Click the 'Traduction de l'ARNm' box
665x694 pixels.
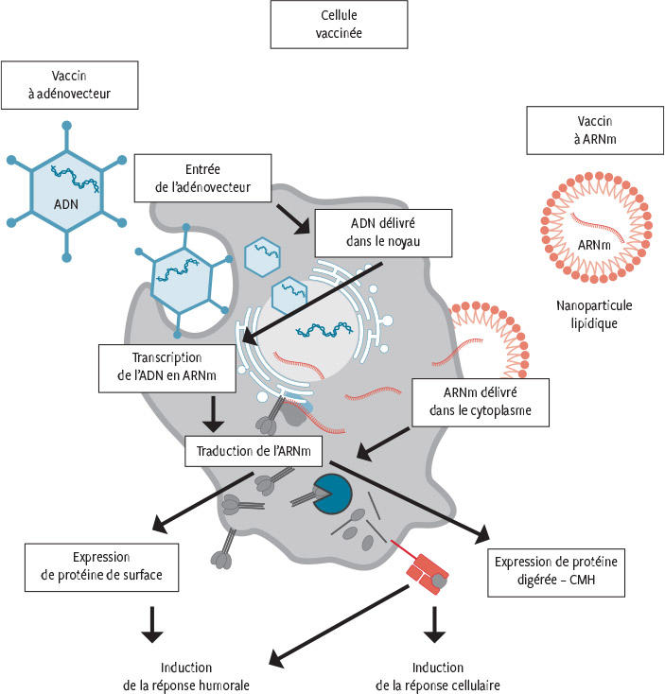point(254,450)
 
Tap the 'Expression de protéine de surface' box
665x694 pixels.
point(102,566)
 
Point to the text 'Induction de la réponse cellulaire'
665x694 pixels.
point(437,676)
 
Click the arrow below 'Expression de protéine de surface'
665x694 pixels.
point(149,624)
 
